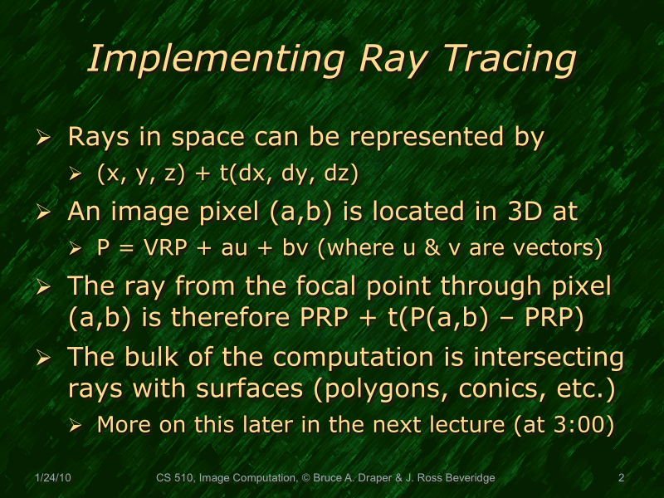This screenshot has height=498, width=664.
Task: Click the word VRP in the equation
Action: pyautogui.click(x=163, y=247)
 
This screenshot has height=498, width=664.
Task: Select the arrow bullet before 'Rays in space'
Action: pyautogui.click(x=46, y=138)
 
